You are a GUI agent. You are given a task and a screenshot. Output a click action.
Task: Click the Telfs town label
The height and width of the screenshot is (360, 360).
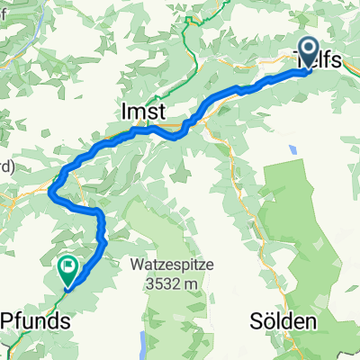(319, 59)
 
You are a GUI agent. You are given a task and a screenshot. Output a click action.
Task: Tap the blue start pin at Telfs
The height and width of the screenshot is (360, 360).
(309, 52)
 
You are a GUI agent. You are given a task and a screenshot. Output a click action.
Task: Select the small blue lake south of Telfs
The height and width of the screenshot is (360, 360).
(292, 148)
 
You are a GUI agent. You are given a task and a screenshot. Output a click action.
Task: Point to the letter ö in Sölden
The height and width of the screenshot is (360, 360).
(268, 321)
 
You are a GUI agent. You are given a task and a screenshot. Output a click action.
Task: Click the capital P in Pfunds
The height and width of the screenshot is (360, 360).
(8, 320)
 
